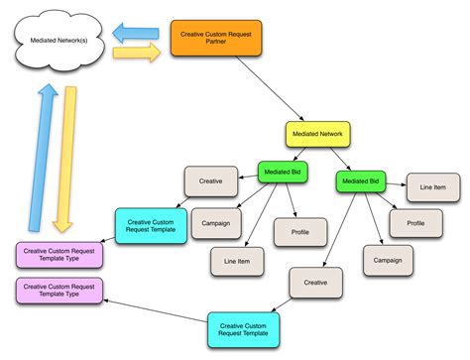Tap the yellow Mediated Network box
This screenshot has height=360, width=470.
click(317, 134)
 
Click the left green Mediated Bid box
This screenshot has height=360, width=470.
click(283, 171)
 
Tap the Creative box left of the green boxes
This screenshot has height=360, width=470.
click(210, 181)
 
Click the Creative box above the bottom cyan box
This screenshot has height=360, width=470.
click(315, 283)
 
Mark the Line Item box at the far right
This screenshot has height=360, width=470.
click(431, 187)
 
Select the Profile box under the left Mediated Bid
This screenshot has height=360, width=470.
click(299, 231)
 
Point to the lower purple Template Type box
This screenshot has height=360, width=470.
click(59, 291)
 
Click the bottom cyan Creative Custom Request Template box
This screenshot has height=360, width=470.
click(244, 328)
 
